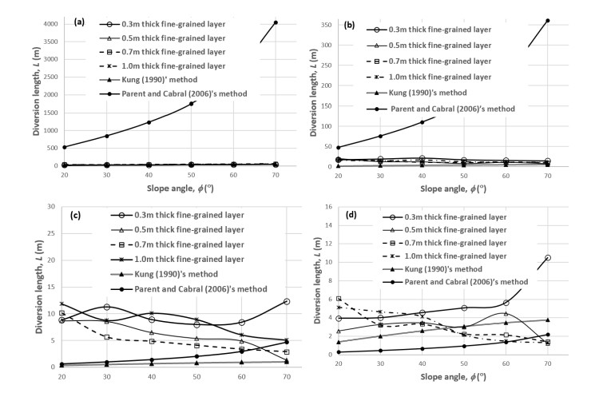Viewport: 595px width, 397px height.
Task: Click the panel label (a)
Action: [x=80, y=22]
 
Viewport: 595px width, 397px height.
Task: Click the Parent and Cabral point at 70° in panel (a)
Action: [x=276, y=22]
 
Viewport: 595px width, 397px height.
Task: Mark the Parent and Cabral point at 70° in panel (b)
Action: [x=548, y=21]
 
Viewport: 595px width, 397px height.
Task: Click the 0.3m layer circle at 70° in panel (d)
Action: [x=548, y=258]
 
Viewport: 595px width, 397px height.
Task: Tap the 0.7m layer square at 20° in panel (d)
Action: [x=338, y=299]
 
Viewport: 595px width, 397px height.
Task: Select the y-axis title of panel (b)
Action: [x=307, y=88]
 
